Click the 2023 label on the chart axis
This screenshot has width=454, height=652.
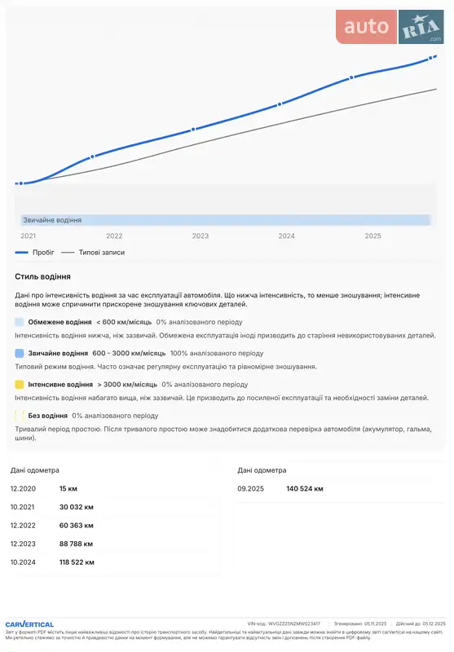coord(201,236)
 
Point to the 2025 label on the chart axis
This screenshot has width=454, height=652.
coord(372,236)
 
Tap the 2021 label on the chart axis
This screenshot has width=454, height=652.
coord(29,236)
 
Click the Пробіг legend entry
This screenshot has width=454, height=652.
coord(37,253)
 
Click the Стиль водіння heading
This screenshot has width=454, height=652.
coord(42,277)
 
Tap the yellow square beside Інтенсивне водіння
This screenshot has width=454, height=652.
coord(19,384)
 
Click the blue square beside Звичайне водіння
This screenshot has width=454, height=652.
coord(19,353)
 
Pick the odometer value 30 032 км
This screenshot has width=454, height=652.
coord(77,507)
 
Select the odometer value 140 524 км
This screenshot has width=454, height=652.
coord(305,488)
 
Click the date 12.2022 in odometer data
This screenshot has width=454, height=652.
coord(23,526)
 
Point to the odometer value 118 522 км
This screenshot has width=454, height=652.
coord(77,562)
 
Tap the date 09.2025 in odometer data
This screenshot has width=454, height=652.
coord(250,488)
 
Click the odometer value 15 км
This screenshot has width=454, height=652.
coord(68,488)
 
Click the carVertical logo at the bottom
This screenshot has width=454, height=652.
coord(29,624)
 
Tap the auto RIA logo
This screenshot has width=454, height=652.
coord(390,29)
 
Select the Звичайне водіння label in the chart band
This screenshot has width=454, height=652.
coord(52,220)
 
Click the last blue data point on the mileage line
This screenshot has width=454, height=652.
coord(434,57)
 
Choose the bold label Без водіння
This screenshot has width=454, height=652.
coord(48,415)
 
